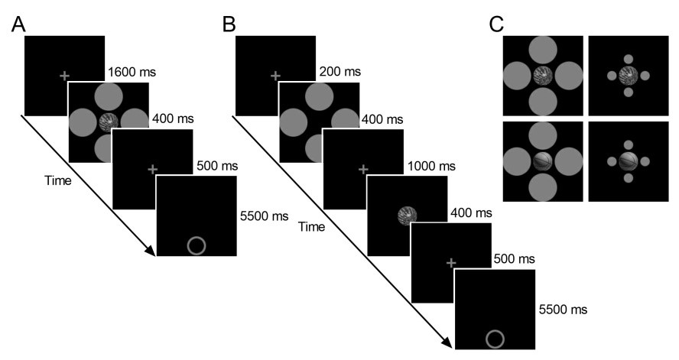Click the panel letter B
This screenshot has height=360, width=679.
pyautogui.click(x=229, y=25)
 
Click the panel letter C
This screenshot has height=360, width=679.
pyautogui.click(x=497, y=25)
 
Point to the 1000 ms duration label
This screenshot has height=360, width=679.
pyautogui.click(x=430, y=165)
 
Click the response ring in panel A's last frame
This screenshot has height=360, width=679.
pyautogui.click(x=196, y=245)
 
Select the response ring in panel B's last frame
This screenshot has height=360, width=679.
pyautogui.click(x=495, y=339)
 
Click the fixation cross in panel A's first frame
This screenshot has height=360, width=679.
pyautogui.click(x=63, y=76)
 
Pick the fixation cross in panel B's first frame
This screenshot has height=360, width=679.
pyautogui.click(x=276, y=76)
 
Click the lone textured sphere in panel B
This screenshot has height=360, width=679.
pyautogui.click(x=408, y=216)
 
